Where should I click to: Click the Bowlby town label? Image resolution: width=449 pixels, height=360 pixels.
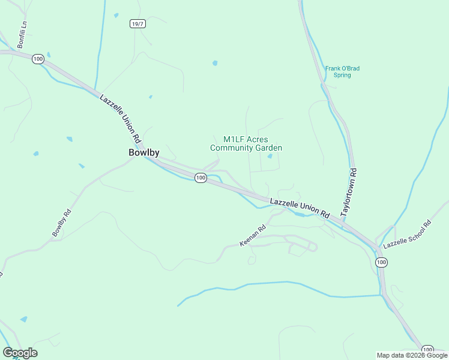[144, 152]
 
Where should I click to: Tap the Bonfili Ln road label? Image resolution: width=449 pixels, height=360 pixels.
[22, 35]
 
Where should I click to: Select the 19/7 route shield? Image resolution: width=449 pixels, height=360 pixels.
[137, 23]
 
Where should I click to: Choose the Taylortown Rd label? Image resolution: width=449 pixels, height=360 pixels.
[349, 196]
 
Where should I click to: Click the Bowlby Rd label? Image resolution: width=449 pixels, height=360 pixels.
[61, 223]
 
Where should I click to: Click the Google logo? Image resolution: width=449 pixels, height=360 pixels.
[20, 353]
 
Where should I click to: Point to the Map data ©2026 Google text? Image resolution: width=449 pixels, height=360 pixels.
[412, 355]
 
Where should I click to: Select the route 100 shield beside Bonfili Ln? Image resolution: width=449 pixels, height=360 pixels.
[38, 59]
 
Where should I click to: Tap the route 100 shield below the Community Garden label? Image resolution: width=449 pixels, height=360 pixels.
[200, 178]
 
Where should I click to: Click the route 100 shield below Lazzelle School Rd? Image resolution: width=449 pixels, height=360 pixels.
[381, 262]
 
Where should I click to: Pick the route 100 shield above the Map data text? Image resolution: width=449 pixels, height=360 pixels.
[427, 349]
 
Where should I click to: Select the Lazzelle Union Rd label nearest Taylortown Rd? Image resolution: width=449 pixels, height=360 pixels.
[300, 208]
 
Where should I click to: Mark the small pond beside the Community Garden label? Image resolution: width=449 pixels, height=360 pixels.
[270, 157]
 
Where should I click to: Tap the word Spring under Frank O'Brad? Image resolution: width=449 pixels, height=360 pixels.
[342, 76]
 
